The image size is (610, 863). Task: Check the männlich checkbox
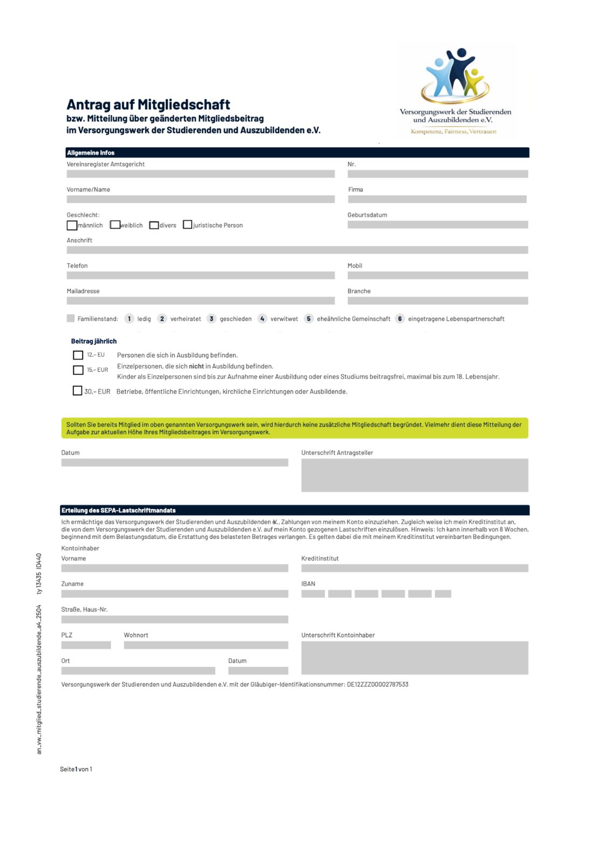pyautogui.click(x=72, y=225)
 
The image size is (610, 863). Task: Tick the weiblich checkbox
pyautogui.click(x=115, y=224)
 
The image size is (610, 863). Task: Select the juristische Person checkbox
pyautogui.click(x=188, y=224)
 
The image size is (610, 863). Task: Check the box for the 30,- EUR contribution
pyautogui.click(x=78, y=391)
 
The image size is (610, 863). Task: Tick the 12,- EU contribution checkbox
pyautogui.click(x=78, y=355)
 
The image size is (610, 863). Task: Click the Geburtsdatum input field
pyautogui.click(x=437, y=225)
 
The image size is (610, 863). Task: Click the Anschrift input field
pyautogui.click(x=297, y=250)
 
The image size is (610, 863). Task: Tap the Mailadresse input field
pyautogui.click(x=201, y=301)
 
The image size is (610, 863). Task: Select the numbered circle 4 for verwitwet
pyautogui.click(x=262, y=319)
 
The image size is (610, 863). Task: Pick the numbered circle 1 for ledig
pyautogui.click(x=129, y=319)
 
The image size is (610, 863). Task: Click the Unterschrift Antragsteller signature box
pyautogui.click(x=414, y=475)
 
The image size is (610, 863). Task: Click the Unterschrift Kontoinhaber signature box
pyautogui.click(x=414, y=657)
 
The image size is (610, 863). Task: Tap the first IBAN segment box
pyautogui.click(x=313, y=594)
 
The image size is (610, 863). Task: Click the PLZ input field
pyautogui.click(x=86, y=645)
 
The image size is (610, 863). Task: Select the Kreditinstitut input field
pyautogui.click(x=414, y=569)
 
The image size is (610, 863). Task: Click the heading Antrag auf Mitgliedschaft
pyautogui.click(x=148, y=105)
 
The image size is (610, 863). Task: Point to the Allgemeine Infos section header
pyautogui.click(x=91, y=153)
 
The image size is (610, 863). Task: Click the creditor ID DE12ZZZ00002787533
pyautogui.click(x=378, y=684)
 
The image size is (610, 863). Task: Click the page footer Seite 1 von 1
pyautogui.click(x=76, y=769)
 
